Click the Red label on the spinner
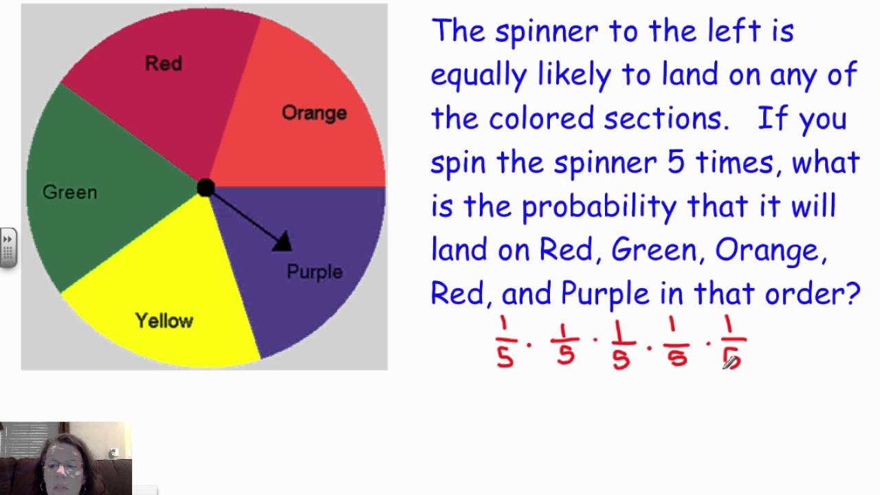[164, 64]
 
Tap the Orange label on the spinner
[314, 113]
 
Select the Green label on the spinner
[69, 192]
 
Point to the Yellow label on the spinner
[164, 320]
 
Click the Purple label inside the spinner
[314, 272]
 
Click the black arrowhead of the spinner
[283, 241]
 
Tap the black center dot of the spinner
[205, 188]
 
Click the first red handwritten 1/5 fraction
[506, 342]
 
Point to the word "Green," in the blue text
[657, 250]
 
